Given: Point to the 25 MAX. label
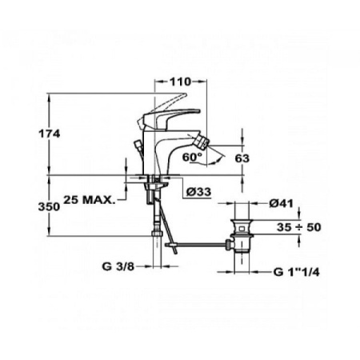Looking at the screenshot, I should click(92, 197).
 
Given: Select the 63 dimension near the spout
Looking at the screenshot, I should click(243, 158).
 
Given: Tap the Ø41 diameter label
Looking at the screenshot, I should click(279, 204).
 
